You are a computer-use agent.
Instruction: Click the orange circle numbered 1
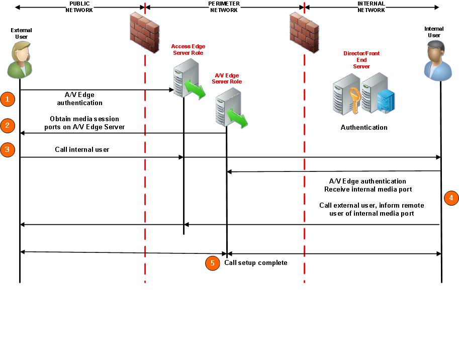[x=7, y=99]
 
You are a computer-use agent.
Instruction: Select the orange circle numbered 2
[x=7, y=125]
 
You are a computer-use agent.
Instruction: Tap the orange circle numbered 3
[x=7, y=149]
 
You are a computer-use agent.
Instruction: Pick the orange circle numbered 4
[x=451, y=198]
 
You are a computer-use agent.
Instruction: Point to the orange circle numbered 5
[x=213, y=263]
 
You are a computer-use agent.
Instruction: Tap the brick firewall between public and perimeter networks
[x=145, y=31]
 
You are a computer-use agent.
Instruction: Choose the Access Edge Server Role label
[x=188, y=49]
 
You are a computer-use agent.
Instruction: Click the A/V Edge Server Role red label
[x=227, y=78]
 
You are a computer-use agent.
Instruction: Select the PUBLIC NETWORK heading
[x=79, y=7]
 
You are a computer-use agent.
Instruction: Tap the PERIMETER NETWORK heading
[x=224, y=7]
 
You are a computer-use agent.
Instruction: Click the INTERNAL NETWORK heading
[x=371, y=7]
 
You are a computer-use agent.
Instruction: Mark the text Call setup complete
[x=255, y=262]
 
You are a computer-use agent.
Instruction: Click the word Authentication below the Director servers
[x=364, y=127]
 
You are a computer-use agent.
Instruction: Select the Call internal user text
[x=82, y=149]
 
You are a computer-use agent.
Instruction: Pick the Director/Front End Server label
[x=361, y=60]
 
